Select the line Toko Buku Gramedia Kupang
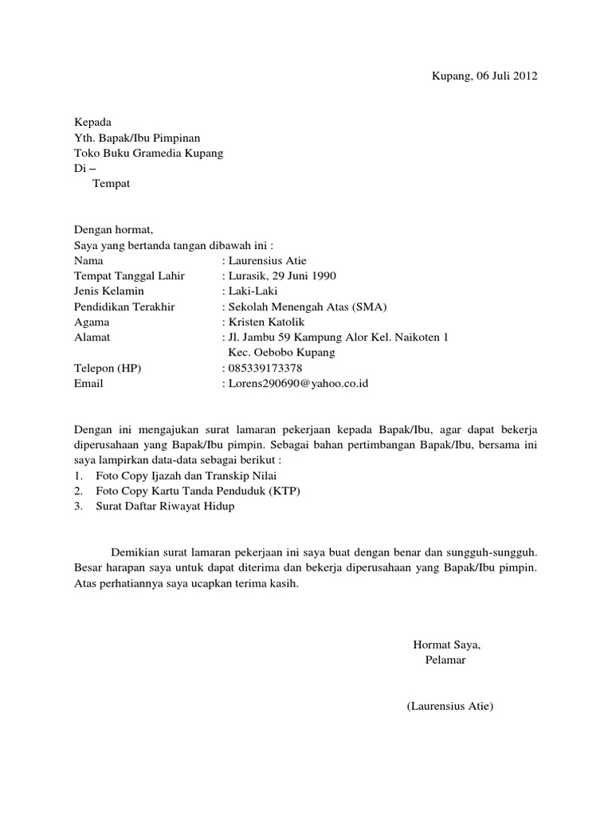pos(148,153)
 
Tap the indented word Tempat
pos(111,184)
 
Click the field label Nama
pos(88,260)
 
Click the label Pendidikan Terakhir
pos(124,306)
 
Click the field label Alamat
pos(92,337)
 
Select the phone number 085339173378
pos(265,368)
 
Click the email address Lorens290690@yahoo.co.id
pos(298,384)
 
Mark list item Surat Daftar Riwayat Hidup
pos(165,506)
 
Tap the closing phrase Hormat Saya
pos(446,644)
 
